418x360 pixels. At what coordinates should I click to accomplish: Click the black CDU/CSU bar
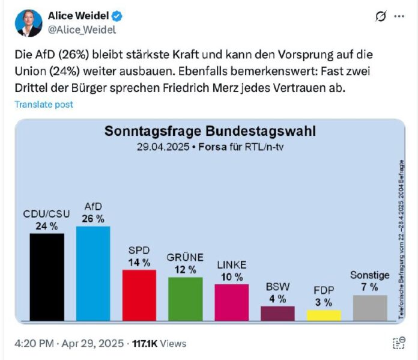[47, 277]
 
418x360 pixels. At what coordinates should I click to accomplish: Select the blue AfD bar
[93, 273]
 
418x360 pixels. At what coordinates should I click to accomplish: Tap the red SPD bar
[139, 295]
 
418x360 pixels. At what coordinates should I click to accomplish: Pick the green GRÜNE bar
[185, 299]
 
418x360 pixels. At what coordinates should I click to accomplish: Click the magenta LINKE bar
[231, 302]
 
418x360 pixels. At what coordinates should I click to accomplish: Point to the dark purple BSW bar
[277, 313]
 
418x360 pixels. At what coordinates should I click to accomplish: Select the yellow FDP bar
[324, 315]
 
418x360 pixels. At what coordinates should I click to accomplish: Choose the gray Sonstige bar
[370, 308]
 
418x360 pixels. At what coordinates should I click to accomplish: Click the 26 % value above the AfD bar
[93, 218]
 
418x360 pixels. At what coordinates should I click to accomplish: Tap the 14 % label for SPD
[139, 262]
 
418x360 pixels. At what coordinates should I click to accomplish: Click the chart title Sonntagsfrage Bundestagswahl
[210, 132]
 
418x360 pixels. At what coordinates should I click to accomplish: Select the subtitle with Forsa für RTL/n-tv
[210, 147]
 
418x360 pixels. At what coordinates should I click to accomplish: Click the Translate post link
[44, 105]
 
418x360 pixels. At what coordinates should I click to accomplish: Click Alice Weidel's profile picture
[28, 23]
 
